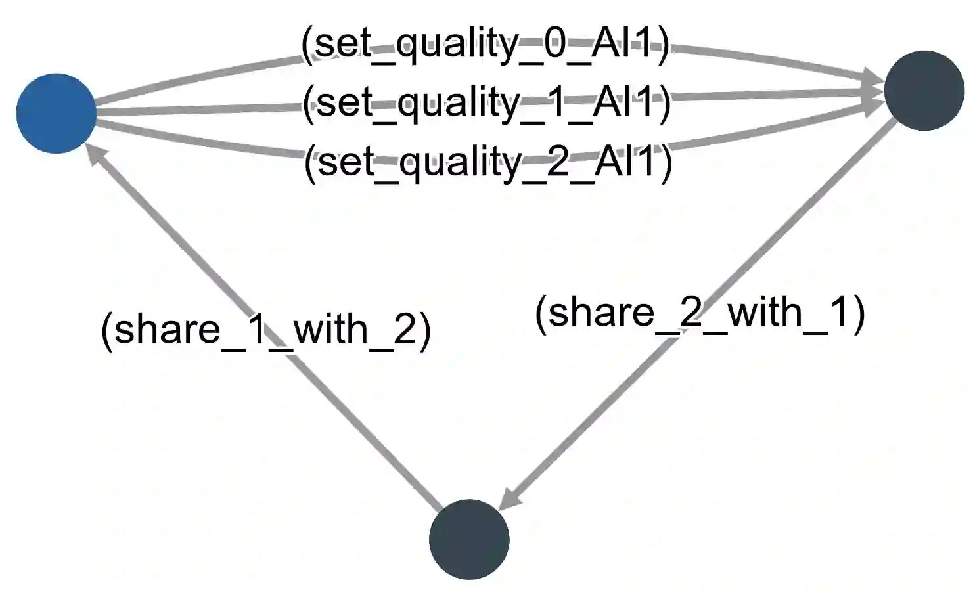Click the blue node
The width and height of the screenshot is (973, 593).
(56, 114)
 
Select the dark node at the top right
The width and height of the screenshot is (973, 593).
(924, 91)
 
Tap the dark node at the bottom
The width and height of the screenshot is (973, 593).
(469, 539)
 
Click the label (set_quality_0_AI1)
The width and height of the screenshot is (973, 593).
(485, 44)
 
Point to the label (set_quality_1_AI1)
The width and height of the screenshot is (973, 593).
(486, 103)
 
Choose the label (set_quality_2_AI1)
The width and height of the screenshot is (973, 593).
(488, 162)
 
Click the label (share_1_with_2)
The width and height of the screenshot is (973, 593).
(265, 329)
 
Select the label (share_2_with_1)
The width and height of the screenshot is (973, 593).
(700, 312)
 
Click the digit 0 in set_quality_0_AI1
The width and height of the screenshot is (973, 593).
(555, 44)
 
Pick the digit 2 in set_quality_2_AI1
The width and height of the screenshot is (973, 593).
(558, 162)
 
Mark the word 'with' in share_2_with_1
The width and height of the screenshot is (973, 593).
(766, 312)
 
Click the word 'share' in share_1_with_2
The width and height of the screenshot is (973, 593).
(168, 329)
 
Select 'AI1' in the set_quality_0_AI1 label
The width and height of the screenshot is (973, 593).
(621, 44)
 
